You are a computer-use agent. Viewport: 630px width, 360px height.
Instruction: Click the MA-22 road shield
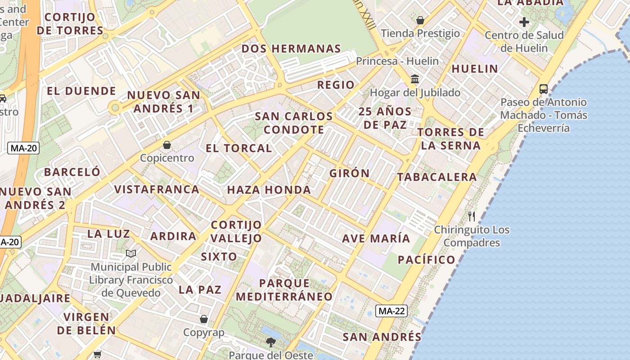pyautogui.click(x=391, y=311)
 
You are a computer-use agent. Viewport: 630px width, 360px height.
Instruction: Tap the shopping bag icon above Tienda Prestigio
pyautogui.click(x=420, y=20)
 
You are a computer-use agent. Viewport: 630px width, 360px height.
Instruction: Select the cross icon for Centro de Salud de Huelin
pyautogui.click(x=524, y=22)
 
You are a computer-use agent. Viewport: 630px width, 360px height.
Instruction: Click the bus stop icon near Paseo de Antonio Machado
pyautogui.click(x=544, y=89)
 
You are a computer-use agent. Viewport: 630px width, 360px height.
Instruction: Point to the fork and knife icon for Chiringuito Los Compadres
pyautogui.click(x=471, y=216)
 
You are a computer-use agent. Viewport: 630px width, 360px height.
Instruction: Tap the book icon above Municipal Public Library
pyautogui.click(x=131, y=254)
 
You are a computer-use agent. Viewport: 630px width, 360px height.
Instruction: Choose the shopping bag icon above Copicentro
pyautogui.click(x=167, y=145)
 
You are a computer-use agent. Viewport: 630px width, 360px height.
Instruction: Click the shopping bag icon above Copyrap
pyautogui.click(x=204, y=319)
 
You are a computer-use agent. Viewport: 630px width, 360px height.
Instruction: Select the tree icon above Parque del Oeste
pyautogui.click(x=270, y=342)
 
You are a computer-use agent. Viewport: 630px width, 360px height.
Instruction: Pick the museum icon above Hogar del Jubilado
pyautogui.click(x=415, y=80)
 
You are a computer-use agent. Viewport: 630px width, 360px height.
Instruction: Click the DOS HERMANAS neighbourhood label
pyautogui.click(x=291, y=49)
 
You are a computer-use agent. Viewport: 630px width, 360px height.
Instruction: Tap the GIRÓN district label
pyautogui.click(x=350, y=173)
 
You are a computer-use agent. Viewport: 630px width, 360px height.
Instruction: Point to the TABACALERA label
pyautogui.click(x=436, y=177)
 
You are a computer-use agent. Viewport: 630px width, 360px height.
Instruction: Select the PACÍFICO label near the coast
pyautogui.click(x=427, y=260)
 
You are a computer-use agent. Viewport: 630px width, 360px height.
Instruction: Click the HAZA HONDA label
pyautogui.click(x=269, y=190)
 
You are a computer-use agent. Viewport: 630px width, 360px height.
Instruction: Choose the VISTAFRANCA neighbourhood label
pyautogui.click(x=157, y=189)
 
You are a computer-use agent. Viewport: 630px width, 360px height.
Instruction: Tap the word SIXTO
pyautogui.click(x=219, y=257)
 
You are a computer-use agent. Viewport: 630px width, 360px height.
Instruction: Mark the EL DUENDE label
pyautogui.click(x=81, y=91)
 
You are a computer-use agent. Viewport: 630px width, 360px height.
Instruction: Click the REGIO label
pyautogui.click(x=336, y=85)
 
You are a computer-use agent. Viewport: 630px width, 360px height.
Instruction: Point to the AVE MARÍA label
pyautogui.click(x=376, y=238)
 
